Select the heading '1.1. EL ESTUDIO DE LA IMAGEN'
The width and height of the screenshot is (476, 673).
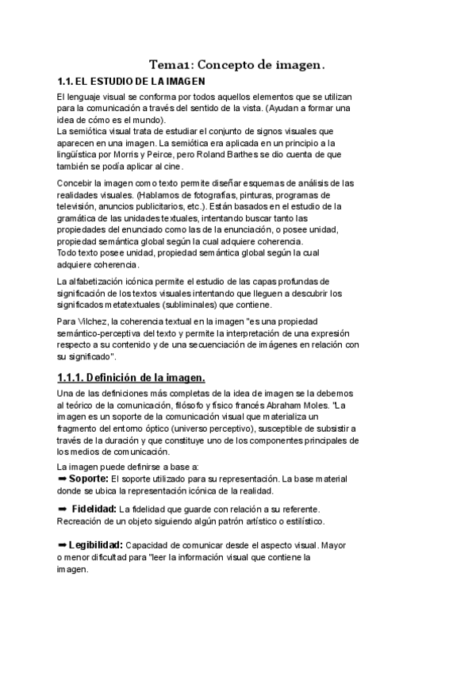(132, 81)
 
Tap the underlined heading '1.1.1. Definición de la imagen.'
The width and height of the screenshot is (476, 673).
(131, 377)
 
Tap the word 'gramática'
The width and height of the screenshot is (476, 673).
(79, 217)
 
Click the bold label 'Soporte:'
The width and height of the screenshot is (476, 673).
(89, 479)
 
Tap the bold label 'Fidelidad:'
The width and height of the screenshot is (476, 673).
(94, 508)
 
